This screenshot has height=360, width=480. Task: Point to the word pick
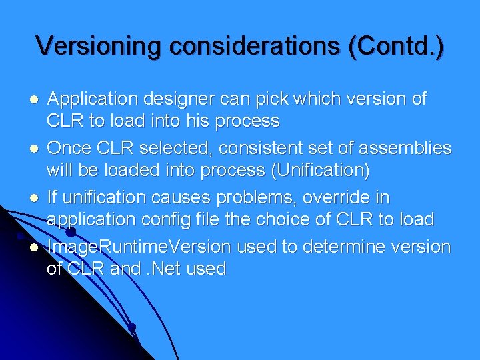pyautogui.click(x=283, y=99)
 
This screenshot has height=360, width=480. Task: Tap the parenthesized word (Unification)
pyautogui.click(x=320, y=171)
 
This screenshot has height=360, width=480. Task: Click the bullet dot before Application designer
pyautogui.click(x=33, y=100)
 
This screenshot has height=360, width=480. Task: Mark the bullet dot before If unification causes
pyautogui.click(x=33, y=199)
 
